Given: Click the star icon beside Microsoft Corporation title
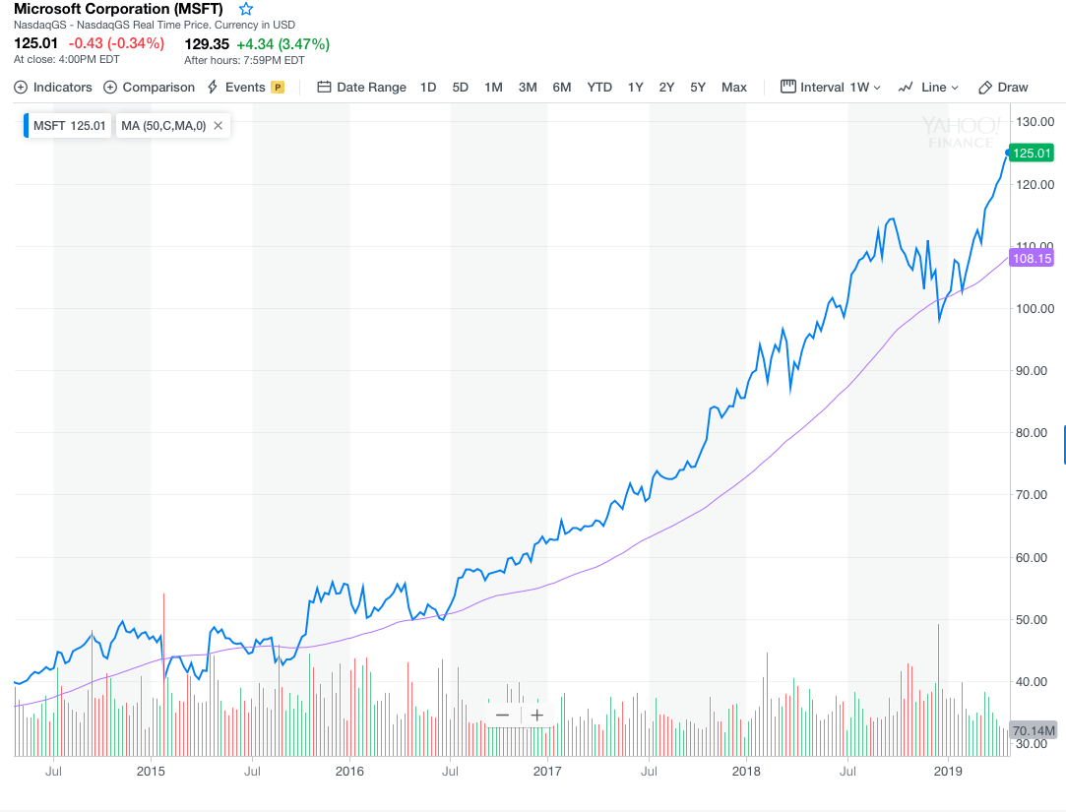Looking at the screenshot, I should pos(246,9).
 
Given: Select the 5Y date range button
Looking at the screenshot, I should pos(698,87).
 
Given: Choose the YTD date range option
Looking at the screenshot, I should pos(599,87).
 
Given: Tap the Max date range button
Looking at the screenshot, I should pos(734,87).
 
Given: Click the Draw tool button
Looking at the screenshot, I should pos(1003,87).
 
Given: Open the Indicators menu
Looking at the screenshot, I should pos(53,87).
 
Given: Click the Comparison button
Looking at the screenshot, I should pos(150,87).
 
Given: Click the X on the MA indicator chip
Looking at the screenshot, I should pos(218,126).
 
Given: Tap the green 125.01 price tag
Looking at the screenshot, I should pos(1033,153).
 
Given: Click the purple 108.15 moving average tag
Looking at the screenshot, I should pos(1033,259).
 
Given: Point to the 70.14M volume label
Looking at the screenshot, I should pos(1034,730).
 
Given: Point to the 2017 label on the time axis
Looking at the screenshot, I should pos(547,771).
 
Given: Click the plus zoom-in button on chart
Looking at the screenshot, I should pos(536,716).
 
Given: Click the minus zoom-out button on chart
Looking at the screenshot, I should pos(503,716).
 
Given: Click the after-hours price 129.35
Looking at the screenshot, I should pos(207,43).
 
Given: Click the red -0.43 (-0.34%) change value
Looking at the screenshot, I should pos(116,43).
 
